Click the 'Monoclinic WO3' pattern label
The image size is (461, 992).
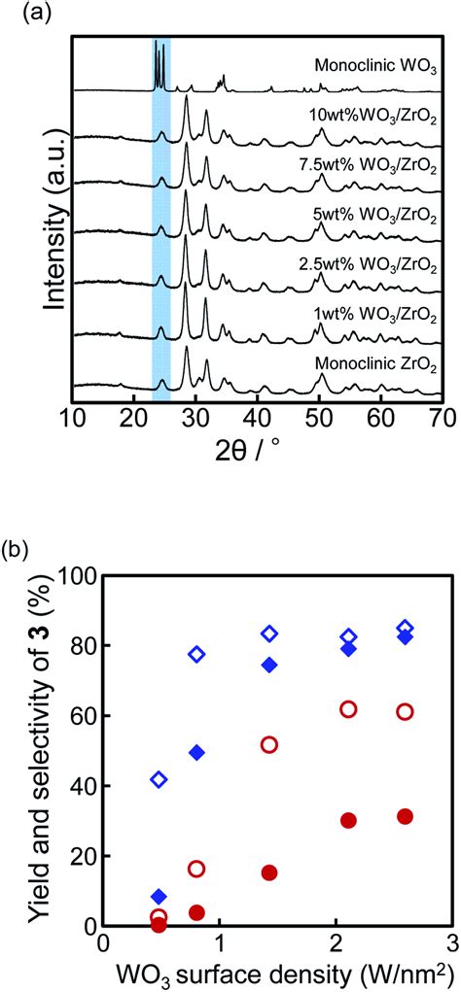pyautogui.click(x=374, y=67)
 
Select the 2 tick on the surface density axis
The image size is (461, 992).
pyautogui.click(x=336, y=944)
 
